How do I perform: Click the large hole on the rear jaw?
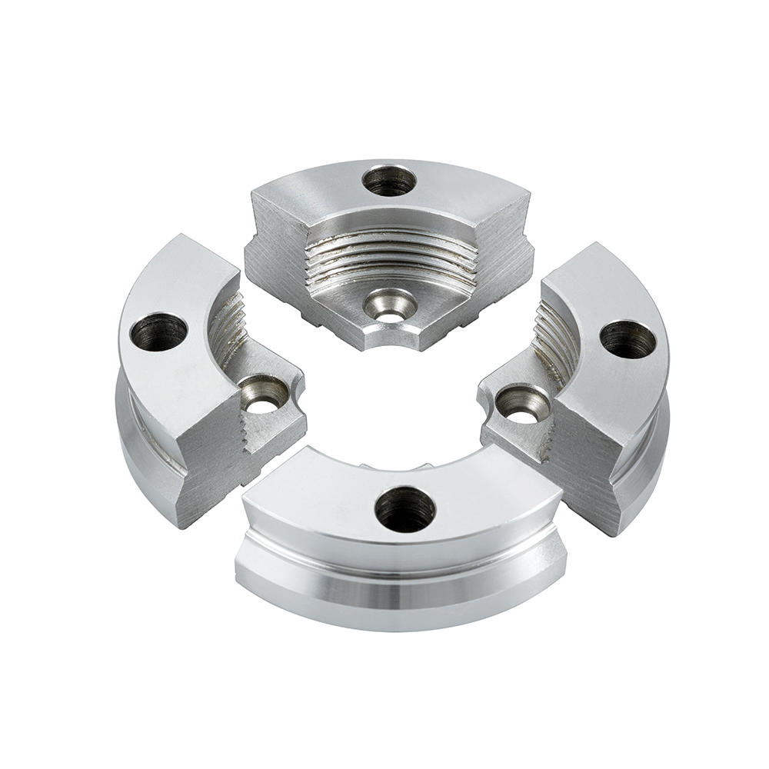(x=389, y=181)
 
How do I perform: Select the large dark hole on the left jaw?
(x=158, y=332)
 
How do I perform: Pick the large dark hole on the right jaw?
(x=628, y=339)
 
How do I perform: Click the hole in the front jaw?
(x=405, y=509)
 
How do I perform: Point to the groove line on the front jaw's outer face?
(x=400, y=574)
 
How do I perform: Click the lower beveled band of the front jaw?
(x=400, y=604)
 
